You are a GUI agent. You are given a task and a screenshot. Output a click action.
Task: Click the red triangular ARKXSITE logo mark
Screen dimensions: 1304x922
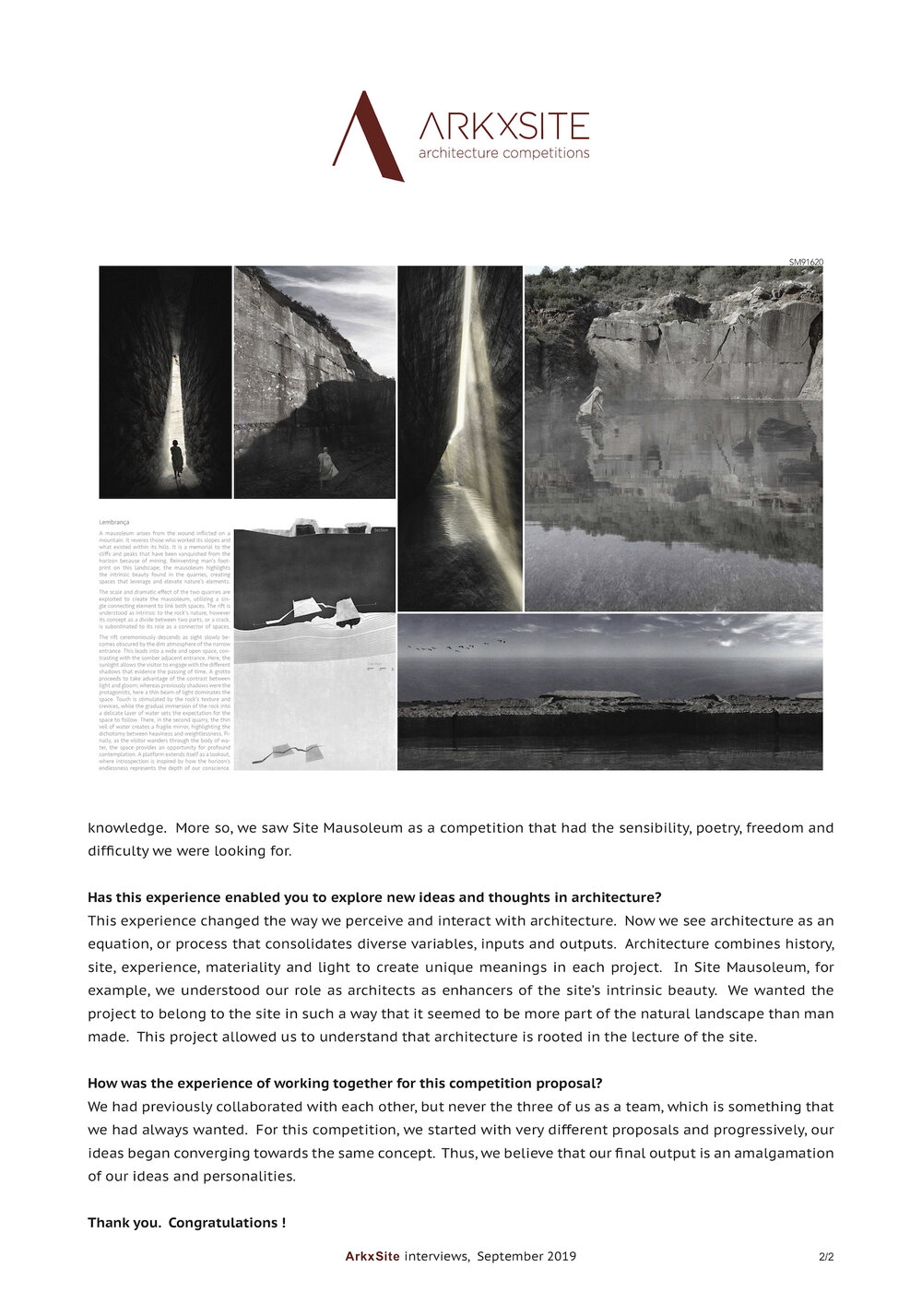pos(366,137)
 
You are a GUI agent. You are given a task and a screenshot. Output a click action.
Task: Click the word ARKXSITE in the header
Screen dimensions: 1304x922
pos(503,126)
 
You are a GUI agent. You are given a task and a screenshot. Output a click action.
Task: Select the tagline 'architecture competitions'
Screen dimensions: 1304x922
pos(503,153)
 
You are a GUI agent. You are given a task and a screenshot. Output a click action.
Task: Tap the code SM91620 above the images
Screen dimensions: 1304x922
pos(806,262)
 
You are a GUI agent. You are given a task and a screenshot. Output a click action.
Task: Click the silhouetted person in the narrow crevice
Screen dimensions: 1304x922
pos(176,457)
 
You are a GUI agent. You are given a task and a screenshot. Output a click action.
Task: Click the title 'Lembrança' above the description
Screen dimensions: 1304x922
pos(114,522)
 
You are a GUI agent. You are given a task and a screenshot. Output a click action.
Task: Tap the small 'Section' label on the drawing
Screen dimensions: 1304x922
pos(382,530)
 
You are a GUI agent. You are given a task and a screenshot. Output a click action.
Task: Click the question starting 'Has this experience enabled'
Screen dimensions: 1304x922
pos(374,897)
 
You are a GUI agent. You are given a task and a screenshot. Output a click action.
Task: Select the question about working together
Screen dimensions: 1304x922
pos(345,1083)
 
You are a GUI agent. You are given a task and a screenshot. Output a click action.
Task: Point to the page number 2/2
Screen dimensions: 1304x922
pos(826,1257)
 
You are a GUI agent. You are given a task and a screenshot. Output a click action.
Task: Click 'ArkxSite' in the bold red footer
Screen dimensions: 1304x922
pos(372,1256)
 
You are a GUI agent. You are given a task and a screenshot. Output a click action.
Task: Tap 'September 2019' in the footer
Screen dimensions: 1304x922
pos(526,1256)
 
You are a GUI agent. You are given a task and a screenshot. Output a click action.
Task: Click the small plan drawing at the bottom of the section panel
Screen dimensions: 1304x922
pos(290,752)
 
